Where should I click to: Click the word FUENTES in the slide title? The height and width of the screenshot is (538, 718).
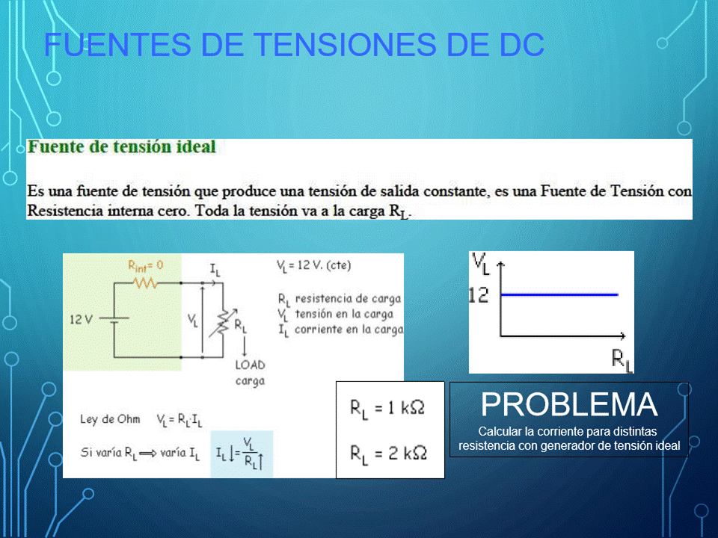[x=117, y=44]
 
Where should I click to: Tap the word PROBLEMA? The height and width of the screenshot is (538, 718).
[x=569, y=404]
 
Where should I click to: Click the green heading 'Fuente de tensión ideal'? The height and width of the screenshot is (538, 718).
[x=122, y=147]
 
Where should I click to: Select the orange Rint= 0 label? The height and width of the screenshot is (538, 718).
[x=146, y=266]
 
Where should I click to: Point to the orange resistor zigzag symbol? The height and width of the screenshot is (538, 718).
[x=146, y=283]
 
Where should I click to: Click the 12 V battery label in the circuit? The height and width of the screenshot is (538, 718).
[x=81, y=319]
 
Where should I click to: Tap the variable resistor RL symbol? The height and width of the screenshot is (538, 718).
[x=223, y=323]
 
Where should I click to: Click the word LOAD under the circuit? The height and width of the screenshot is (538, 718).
[x=250, y=365]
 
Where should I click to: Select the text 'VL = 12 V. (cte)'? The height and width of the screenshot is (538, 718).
[x=313, y=266]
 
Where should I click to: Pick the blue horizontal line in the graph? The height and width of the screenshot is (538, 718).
[x=559, y=294]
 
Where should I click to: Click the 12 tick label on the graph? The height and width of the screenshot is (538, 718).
[x=479, y=296]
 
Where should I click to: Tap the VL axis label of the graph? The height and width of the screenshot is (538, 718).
[x=481, y=264]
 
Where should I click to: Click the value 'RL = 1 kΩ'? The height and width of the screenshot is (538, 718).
[x=387, y=408]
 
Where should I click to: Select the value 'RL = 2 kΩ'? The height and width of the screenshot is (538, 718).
[x=388, y=454]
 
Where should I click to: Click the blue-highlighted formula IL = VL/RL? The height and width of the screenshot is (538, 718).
[x=240, y=454]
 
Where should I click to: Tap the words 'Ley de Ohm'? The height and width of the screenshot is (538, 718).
[x=110, y=419]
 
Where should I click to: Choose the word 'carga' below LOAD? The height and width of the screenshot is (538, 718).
[x=250, y=381]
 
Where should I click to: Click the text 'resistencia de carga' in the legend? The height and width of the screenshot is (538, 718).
[x=348, y=299]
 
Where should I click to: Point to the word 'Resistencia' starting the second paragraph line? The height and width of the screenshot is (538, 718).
[x=65, y=211]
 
